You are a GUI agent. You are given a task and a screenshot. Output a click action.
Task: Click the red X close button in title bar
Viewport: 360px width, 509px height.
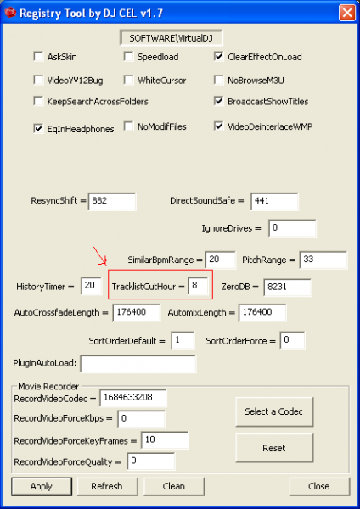click(347, 13)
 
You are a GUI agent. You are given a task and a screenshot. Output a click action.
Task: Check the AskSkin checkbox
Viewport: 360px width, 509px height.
click(38, 57)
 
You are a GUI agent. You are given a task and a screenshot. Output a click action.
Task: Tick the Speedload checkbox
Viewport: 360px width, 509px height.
click(128, 57)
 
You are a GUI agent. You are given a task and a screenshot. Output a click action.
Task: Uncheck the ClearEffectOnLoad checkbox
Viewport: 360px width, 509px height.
click(219, 57)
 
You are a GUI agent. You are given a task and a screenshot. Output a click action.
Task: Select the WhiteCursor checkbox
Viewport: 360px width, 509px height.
click(128, 81)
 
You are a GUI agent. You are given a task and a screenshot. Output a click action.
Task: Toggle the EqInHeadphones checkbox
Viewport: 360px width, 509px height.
click(38, 129)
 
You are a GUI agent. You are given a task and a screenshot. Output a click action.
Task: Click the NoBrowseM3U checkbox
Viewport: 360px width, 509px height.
click(219, 81)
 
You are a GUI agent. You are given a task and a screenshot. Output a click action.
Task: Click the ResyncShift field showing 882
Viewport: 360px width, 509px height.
click(112, 201)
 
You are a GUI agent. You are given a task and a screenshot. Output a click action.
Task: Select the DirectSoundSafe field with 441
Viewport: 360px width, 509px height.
click(274, 201)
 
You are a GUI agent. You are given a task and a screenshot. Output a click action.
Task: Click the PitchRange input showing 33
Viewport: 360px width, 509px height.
click(323, 260)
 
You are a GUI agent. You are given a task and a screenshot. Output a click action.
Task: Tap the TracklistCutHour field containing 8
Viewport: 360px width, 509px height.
click(198, 286)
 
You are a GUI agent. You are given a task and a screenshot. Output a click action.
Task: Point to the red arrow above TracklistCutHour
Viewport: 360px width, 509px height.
click(100, 256)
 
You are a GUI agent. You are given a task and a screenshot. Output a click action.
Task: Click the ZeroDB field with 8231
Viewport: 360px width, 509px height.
click(288, 288)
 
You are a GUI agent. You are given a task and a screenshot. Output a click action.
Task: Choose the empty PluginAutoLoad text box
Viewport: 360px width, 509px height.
click(138, 364)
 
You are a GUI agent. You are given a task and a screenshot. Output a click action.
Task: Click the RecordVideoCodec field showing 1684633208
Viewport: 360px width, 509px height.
click(133, 398)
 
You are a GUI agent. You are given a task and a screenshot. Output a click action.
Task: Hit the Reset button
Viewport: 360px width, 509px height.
click(274, 448)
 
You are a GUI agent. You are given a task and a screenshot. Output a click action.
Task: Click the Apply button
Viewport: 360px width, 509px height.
click(42, 486)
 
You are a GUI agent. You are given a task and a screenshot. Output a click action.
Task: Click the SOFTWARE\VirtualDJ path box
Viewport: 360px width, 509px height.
click(172, 38)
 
